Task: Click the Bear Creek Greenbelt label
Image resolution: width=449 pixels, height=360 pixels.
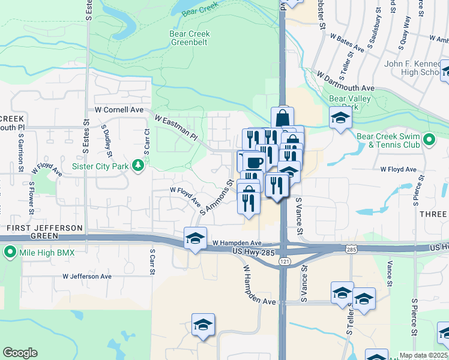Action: point(190,38)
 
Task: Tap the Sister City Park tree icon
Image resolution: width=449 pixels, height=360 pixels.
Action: point(138,164)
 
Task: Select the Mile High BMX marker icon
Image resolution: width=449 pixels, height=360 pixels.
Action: point(10,253)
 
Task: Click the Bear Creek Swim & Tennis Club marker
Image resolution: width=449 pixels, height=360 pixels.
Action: point(429,140)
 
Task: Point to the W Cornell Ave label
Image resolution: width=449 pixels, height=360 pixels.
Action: point(119,110)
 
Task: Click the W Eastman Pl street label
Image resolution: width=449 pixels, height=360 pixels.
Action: point(178,127)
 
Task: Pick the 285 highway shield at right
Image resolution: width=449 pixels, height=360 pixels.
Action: point(352,248)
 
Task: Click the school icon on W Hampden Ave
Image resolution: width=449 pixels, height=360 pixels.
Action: point(195,238)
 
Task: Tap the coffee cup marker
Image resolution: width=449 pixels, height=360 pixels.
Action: point(254,162)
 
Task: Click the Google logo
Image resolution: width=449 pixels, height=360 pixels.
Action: point(20,353)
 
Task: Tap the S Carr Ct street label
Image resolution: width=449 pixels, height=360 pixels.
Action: point(147,139)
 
